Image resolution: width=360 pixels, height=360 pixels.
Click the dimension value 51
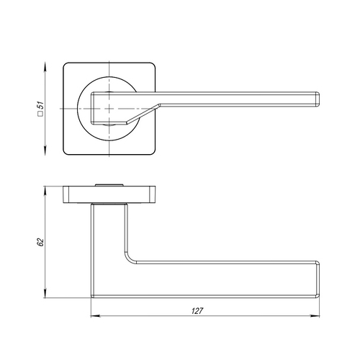[x=41, y=105]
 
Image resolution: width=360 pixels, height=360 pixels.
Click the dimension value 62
[x=41, y=242]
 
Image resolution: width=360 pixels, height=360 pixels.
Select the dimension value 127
[x=197, y=311]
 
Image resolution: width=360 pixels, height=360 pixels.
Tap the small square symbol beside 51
[x=41, y=114]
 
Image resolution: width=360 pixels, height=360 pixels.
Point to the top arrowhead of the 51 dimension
[x=45, y=66]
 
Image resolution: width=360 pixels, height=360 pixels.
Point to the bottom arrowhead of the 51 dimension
[x=45, y=150]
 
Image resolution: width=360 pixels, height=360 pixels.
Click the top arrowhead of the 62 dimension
[x=45, y=191]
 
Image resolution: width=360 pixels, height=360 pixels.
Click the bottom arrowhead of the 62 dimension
[x=45, y=294]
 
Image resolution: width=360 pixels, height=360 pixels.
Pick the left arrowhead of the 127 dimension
[x=95, y=316]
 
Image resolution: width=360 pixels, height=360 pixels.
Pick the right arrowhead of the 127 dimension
[x=315, y=316]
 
